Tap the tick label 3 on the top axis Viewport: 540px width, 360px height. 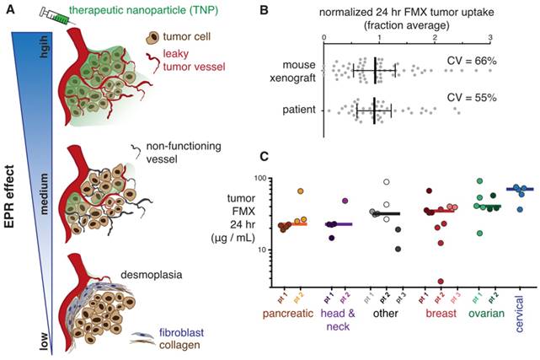(491, 38)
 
